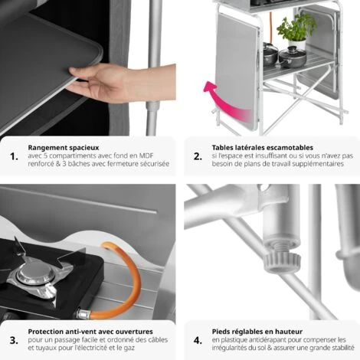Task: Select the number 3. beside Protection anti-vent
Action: pos(14,339)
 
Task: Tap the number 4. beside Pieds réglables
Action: pos(197,339)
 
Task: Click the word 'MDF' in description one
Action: pos(157,155)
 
